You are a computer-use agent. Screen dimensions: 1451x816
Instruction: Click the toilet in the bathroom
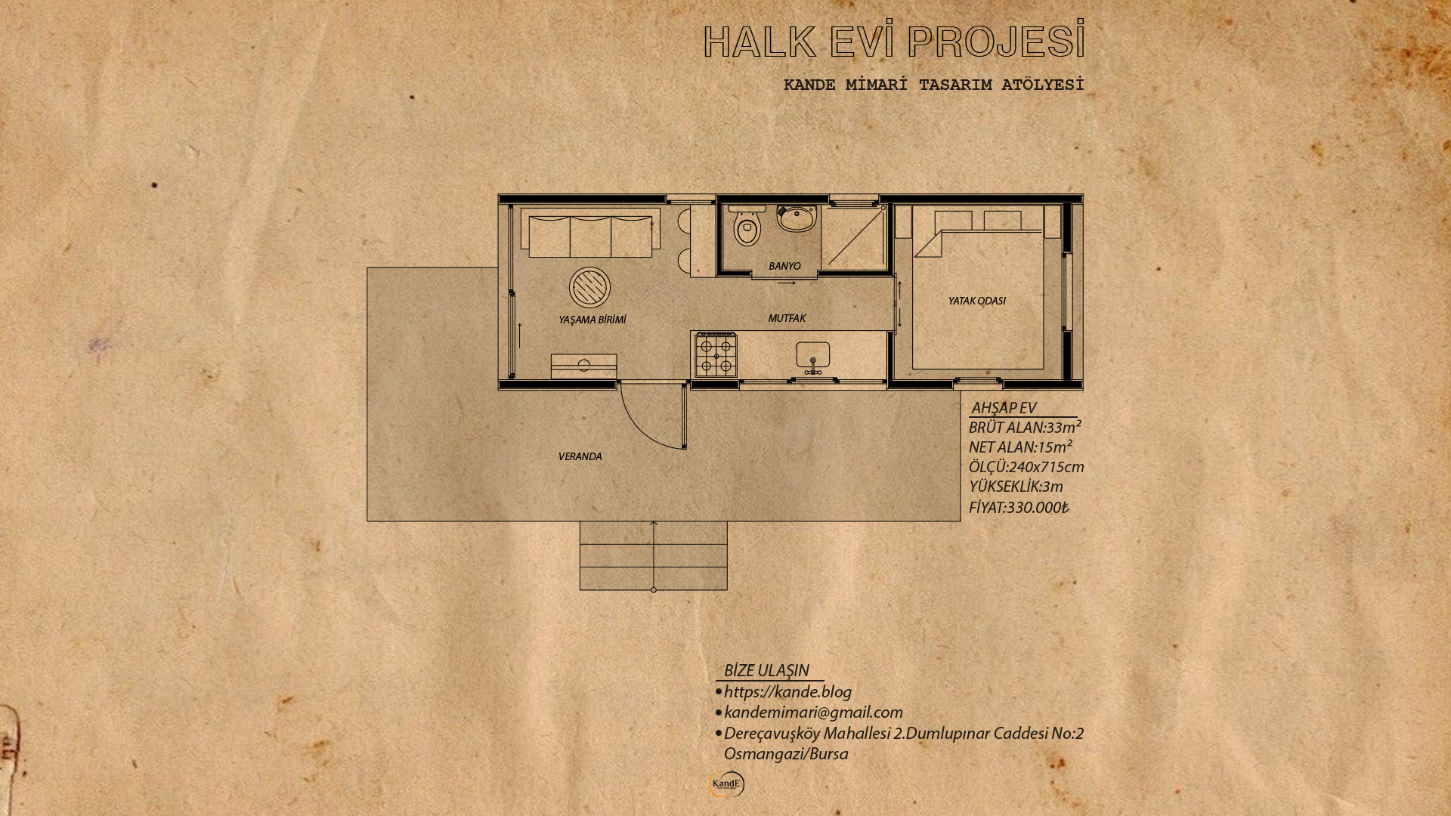pos(747,226)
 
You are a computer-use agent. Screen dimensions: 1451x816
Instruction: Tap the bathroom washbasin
pos(797,218)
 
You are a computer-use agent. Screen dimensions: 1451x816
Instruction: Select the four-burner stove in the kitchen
pos(716,354)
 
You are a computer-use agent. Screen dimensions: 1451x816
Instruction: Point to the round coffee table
pos(590,287)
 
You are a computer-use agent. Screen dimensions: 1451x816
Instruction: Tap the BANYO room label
pos(784,266)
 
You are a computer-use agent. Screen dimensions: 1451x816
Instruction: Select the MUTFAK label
pos(787,318)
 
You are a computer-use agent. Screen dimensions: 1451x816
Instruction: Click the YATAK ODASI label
pos(977,301)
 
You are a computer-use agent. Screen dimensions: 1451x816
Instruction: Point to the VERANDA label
pos(580,456)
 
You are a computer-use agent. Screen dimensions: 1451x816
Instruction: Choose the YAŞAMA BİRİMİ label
pos(592,320)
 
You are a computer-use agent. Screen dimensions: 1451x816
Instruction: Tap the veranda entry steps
pos(654,555)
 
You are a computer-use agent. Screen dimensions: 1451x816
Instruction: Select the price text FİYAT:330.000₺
pos(1019,507)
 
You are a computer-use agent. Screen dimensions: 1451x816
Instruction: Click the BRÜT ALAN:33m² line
pos(1025,427)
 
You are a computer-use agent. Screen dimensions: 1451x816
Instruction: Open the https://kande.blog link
pos(787,691)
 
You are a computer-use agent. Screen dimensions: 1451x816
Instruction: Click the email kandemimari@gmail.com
pos(813,712)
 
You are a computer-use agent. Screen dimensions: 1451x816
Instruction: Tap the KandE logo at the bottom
pos(726,784)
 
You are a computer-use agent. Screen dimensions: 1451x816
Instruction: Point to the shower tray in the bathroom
pos(854,237)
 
